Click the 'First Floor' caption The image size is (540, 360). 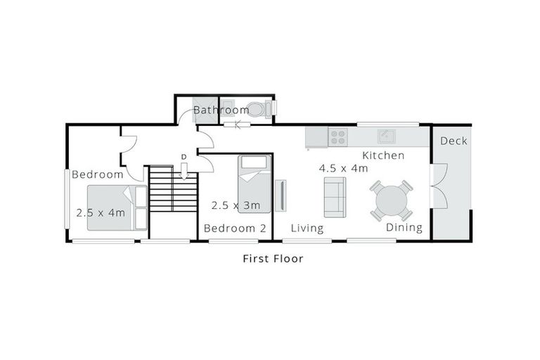click(x=273, y=259)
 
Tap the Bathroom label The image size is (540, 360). click(x=220, y=110)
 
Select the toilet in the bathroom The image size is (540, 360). click(x=258, y=110)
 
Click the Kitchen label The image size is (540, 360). click(x=382, y=155)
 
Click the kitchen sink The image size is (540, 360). click(x=385, y=136)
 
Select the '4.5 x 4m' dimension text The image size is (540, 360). click(x=343, y=169)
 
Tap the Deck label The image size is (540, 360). click(x=454, y=141)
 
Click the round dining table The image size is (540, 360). click(x=391, y=200)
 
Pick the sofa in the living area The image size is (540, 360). click(x=334, y=197)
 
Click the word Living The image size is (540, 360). click(x=307, y=228)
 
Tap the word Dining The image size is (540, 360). click(x=404, y=228)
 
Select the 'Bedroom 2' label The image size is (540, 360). click(x=235, y=229)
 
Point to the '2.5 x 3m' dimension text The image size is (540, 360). click(x=236, y=205)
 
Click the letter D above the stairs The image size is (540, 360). click(x=183, y=156)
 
